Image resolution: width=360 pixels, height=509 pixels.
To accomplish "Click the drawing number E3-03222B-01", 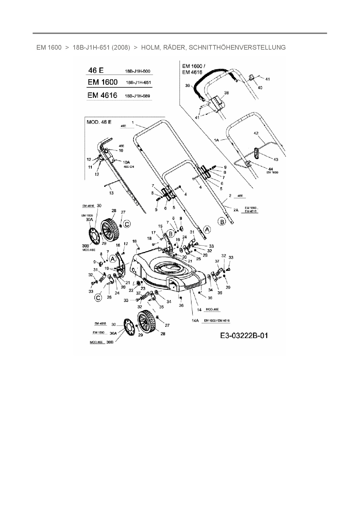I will (x=244, y=336).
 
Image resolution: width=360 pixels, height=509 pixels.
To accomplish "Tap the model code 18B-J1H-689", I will (x=137, y=96).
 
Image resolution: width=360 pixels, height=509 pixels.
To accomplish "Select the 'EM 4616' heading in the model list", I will (x=102, y=95).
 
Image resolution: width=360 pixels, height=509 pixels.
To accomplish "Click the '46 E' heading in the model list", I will (x=96, y=71).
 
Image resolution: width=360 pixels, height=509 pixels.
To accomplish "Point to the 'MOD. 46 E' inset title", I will (x=99, y=122).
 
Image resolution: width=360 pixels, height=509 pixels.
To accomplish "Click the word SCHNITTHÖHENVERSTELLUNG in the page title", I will (x=237, y=47).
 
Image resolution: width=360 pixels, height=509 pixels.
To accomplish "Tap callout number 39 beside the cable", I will (x=188, y=86).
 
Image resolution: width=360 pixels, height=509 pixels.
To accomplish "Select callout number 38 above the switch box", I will (x=226, y=93).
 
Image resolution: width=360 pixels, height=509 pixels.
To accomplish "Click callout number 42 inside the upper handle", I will (x=256, y=133).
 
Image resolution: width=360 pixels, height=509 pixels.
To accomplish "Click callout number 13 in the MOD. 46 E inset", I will (x=111, y=193).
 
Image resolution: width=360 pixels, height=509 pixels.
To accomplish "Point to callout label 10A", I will (x=126, y=162).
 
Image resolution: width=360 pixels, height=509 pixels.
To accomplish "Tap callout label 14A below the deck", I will (x=195, y=321).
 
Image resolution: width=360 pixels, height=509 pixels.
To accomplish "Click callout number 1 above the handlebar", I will (x=133, y=122).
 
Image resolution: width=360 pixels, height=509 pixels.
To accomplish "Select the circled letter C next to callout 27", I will (x=127, y=224).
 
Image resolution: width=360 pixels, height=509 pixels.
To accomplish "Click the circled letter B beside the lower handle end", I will (x=222, y=222).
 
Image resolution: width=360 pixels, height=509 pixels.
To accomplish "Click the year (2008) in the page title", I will (x=121, y=47).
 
